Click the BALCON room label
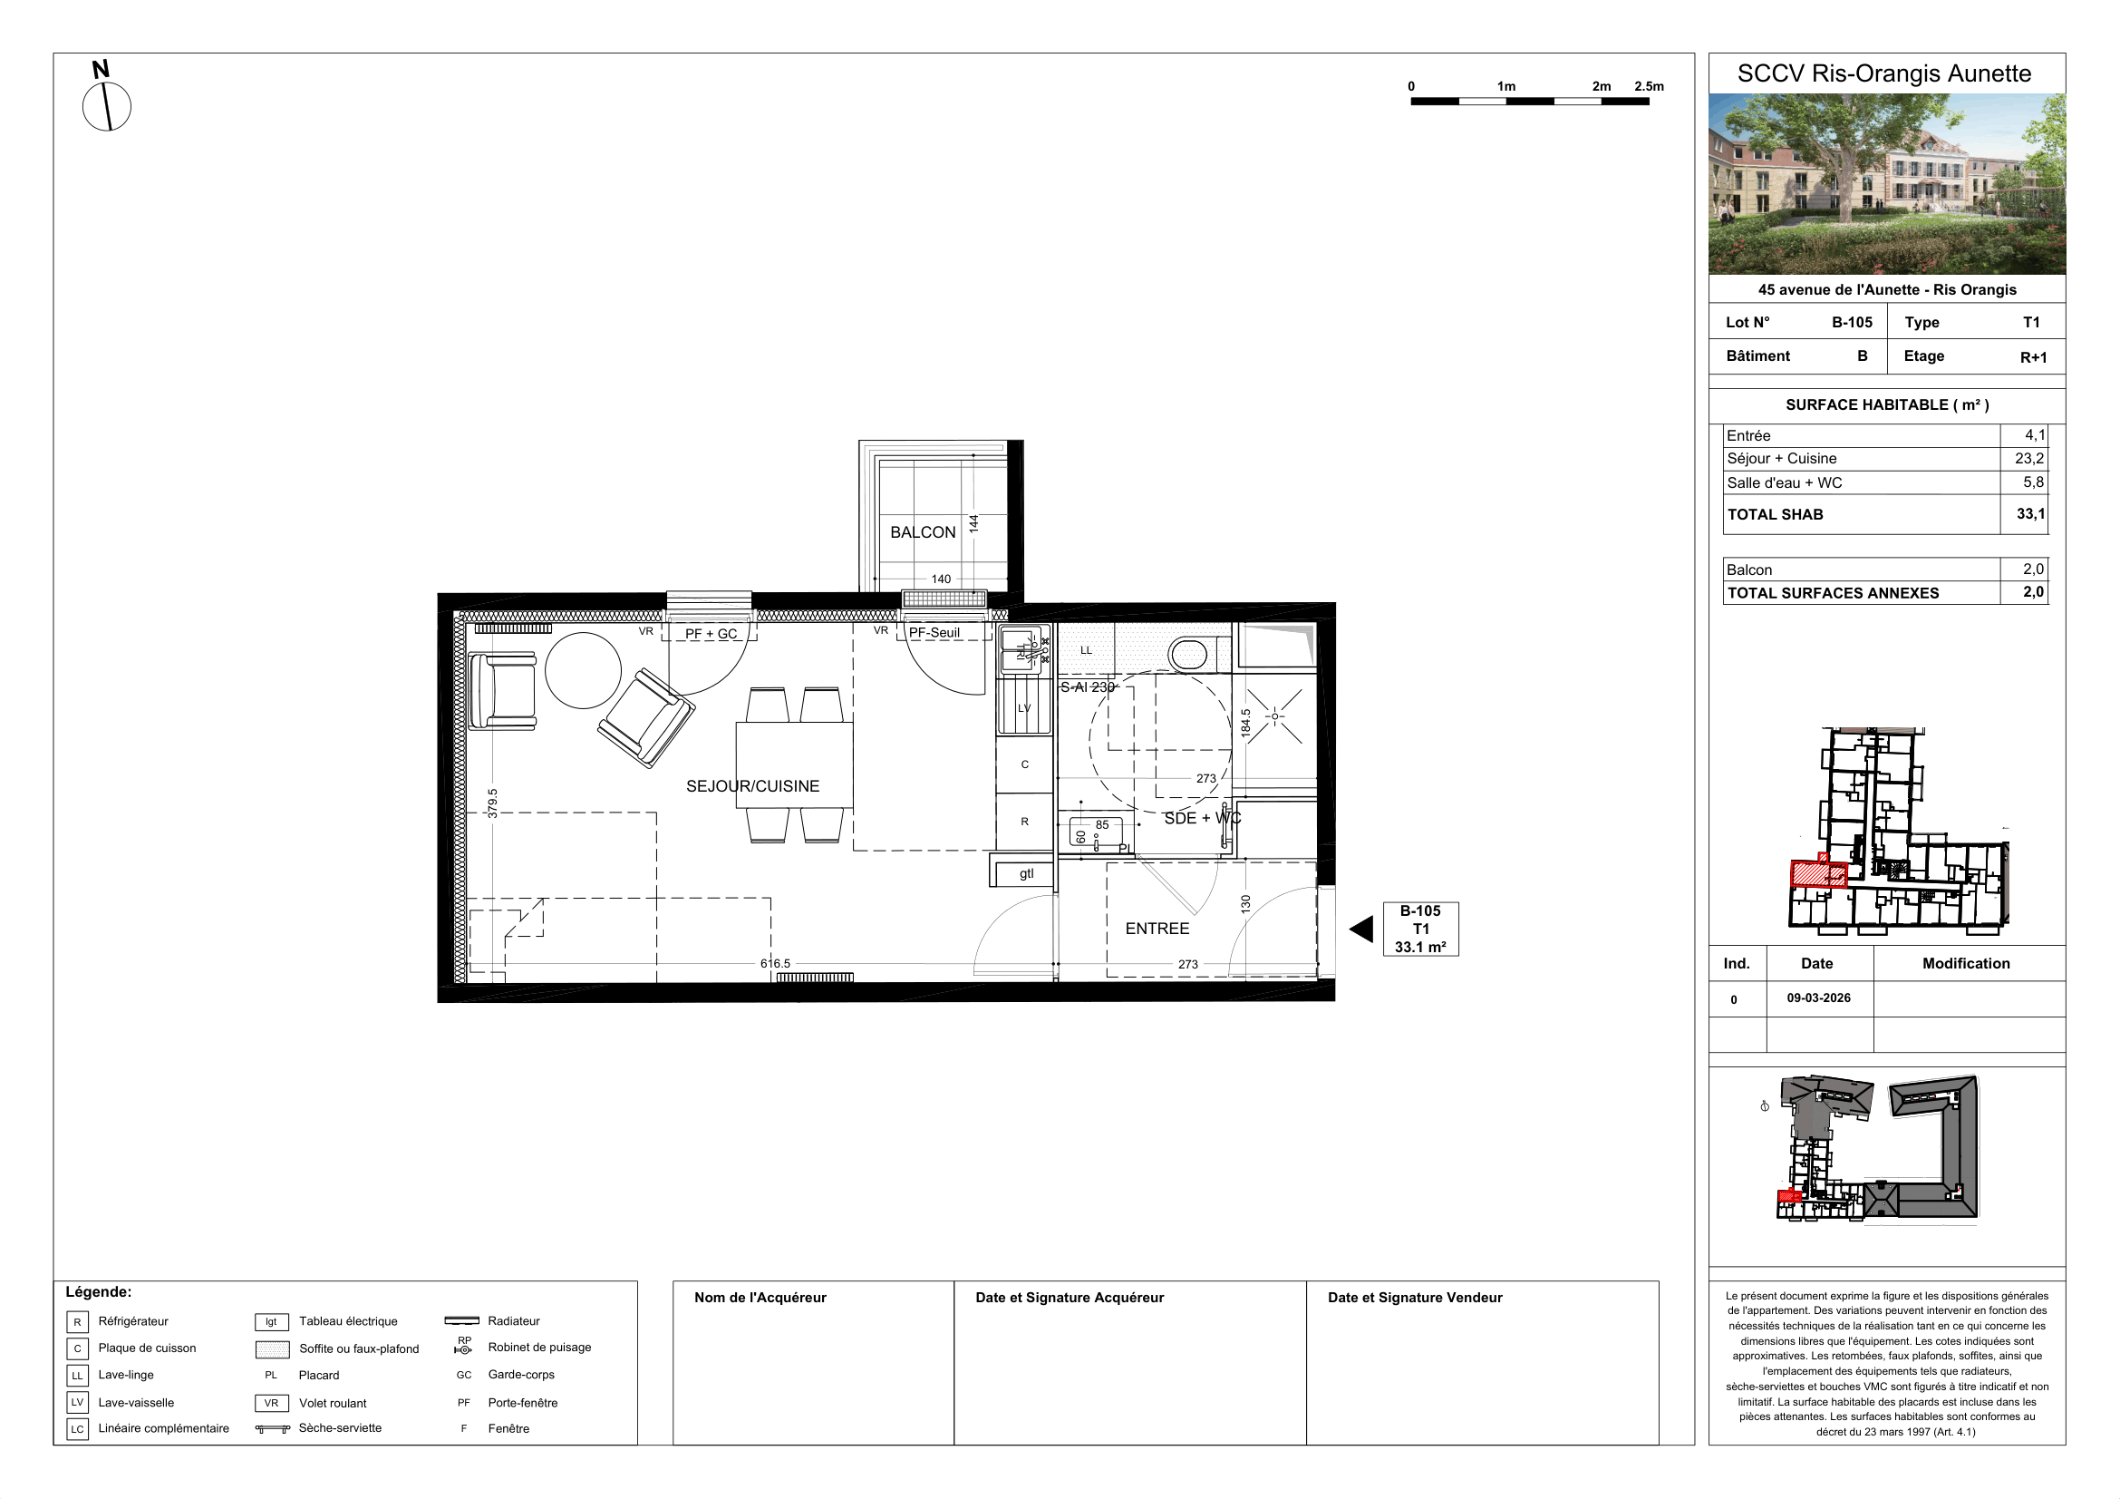(x=923, y=532)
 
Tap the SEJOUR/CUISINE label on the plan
(x=752, y=786)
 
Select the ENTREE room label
(x=1157, y=929)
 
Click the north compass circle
(x=107, y=106)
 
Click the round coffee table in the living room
(x=583, y=670)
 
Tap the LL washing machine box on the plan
(x=1086, y=650)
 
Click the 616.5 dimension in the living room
(x=776, y=963)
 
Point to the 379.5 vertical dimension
(x=492, y=803)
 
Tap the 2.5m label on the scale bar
(x=1649, y=86)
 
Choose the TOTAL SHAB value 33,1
(x=2030, y=513)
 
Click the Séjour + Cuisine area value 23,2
(x=2029, y=458)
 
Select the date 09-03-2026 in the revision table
(x=1818, y=998)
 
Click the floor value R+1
(x=2033, y=357)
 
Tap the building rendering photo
(x=1886, y=184)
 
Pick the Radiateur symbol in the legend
(x=461, y=1320)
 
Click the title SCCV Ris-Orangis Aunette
(x=1884, y=73)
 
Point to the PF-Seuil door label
(x=934, y=633)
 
